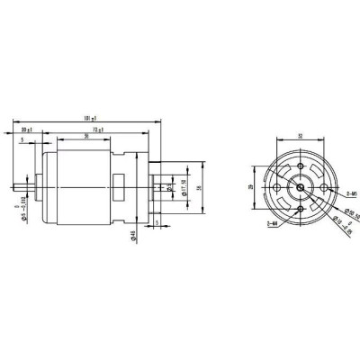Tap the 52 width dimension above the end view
click(296, 137)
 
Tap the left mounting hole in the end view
click(275, 186)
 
